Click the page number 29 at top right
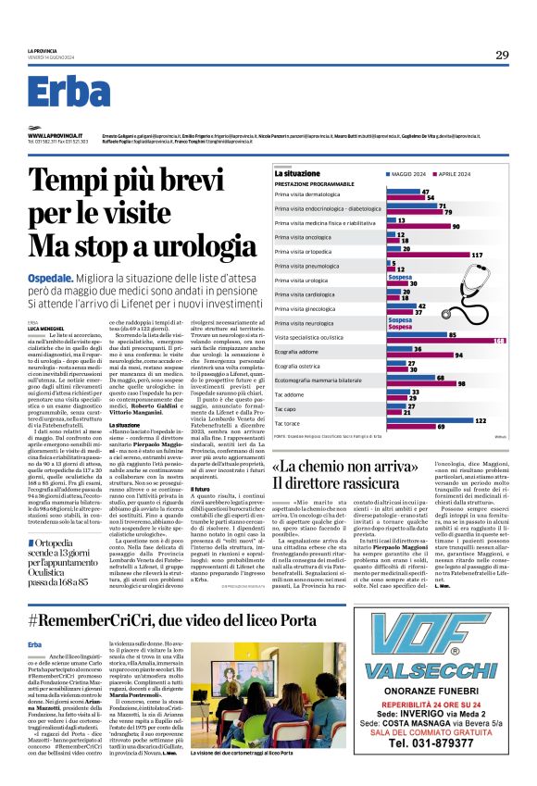click(x=501, y=56)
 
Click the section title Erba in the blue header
click(x=69, y=94)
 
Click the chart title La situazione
click(x=296, y=173)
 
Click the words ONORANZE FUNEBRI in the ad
click(x=424, y=692)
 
